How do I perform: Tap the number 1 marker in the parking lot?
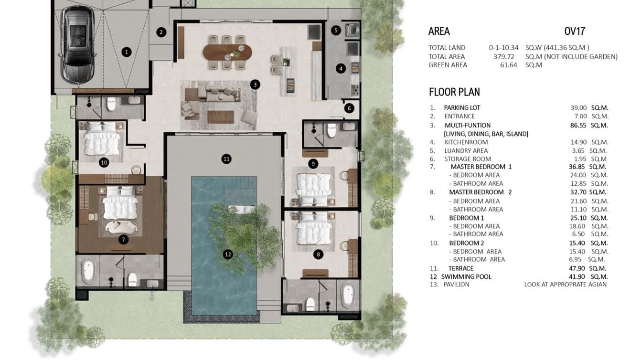[x=126, y=52]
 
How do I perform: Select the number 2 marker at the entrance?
[x=161, y=32]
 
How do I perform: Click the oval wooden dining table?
[x=227, y=51]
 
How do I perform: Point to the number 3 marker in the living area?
[x=255, y=85]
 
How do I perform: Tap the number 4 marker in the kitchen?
[x=341, y=68]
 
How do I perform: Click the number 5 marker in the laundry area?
[x=336, y=31]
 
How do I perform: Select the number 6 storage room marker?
[x=349, y=108]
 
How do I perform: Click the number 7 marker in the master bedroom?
[x=123, y=239]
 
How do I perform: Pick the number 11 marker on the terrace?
[x=226, y=159]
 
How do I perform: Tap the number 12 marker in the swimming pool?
[x=228, y=254]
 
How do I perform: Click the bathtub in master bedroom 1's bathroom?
[x=87, y=271]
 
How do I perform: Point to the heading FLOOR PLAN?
[x=454, y=92]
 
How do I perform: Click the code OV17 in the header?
[x=575, y=32]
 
